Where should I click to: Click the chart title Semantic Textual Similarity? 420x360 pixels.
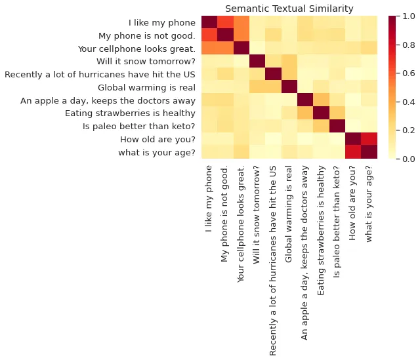289,9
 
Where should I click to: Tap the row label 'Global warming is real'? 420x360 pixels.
146,87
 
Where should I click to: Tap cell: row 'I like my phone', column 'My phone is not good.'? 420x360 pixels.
224,22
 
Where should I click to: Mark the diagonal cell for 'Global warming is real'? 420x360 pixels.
289,87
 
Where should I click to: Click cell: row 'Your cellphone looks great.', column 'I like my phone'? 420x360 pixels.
209,49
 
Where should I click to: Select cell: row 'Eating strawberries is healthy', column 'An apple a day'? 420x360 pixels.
305,113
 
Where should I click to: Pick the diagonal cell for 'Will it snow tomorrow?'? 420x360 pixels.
257,61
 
